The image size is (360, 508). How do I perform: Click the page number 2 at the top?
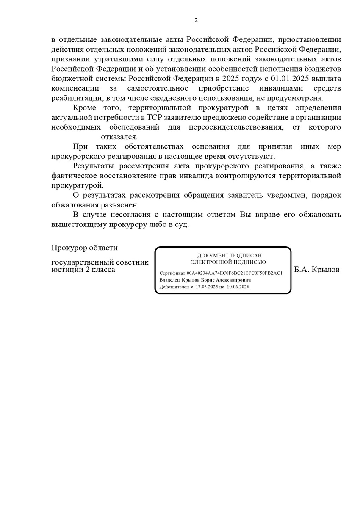(x=196, y=20)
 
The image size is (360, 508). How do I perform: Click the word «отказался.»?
(x=119, y=137)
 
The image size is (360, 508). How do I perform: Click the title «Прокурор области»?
(x=84, y=248)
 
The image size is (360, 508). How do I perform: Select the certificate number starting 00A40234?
(x=234, y=273)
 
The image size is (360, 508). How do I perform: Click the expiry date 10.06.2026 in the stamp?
(x=238, y=287)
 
